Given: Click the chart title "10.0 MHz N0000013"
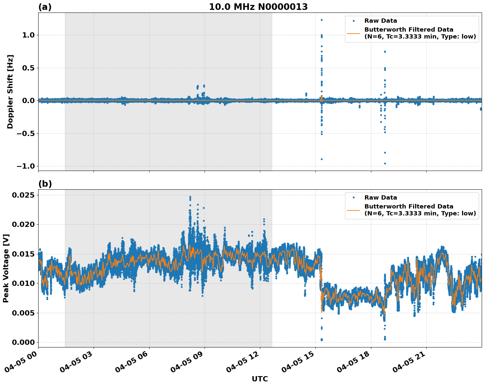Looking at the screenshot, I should pos(258,7).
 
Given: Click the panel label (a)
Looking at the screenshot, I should pos(45,7).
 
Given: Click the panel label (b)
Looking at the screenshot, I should pos(45,184).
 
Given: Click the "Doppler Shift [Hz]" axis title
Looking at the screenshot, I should pos(10,92).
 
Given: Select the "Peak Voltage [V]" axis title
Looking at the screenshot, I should pos(6,268).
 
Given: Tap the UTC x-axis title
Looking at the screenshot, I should pos(260,379).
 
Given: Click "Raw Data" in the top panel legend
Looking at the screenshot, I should pos(381,21).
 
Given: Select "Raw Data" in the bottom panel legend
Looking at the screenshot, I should pos(381,198).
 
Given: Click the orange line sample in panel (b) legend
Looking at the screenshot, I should pos(353,210).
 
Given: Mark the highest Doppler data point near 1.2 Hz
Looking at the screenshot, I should pos(322,20).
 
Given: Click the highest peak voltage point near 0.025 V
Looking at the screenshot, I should pos(190,197).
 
